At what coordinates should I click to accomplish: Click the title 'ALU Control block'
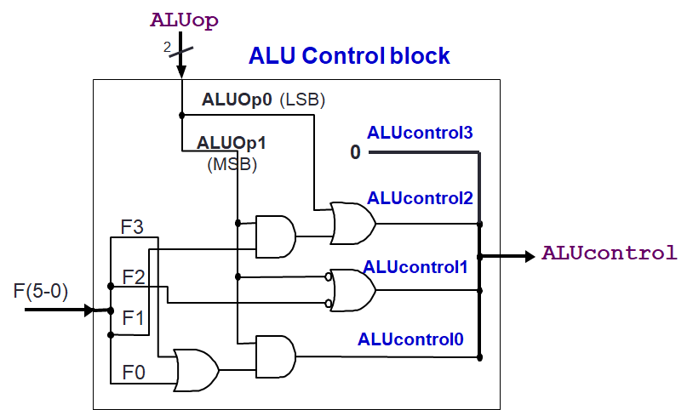[349, 57]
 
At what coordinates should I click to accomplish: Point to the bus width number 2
[168, 48]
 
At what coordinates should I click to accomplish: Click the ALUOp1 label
[232, 143]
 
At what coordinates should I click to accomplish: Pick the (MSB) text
[232, 164]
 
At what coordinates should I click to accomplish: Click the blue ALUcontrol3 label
[420, 133]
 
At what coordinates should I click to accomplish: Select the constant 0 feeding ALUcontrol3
[355, 153]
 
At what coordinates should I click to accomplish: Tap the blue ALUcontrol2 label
[420, 198]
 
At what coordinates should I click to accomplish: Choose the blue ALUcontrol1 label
[415, 266]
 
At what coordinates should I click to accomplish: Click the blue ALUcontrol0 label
[410, 339]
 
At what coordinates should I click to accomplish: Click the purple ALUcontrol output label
[610, 253]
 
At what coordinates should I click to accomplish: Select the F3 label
[132, 227]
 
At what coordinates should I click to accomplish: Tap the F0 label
[132, 372]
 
